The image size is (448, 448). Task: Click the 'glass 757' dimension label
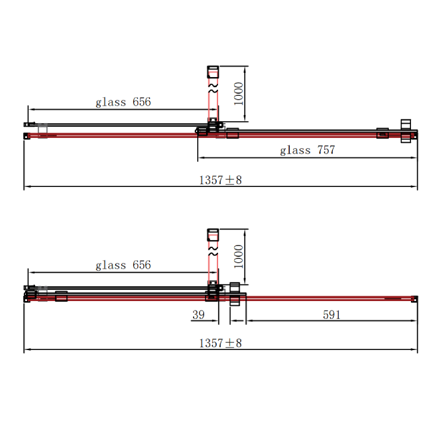pos(308,151)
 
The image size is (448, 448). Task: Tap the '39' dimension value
pos(198,314)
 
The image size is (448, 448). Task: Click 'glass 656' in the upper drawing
pos(123,102)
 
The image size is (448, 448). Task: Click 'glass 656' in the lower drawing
pos(123,265)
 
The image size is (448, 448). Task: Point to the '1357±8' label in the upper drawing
pos(220,180)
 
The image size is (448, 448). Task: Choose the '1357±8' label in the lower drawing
pos(220,343)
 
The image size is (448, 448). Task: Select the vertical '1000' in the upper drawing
pos(239,94)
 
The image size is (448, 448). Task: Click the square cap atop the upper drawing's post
pos(213,72)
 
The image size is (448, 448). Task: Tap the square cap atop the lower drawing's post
pos(213,235)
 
